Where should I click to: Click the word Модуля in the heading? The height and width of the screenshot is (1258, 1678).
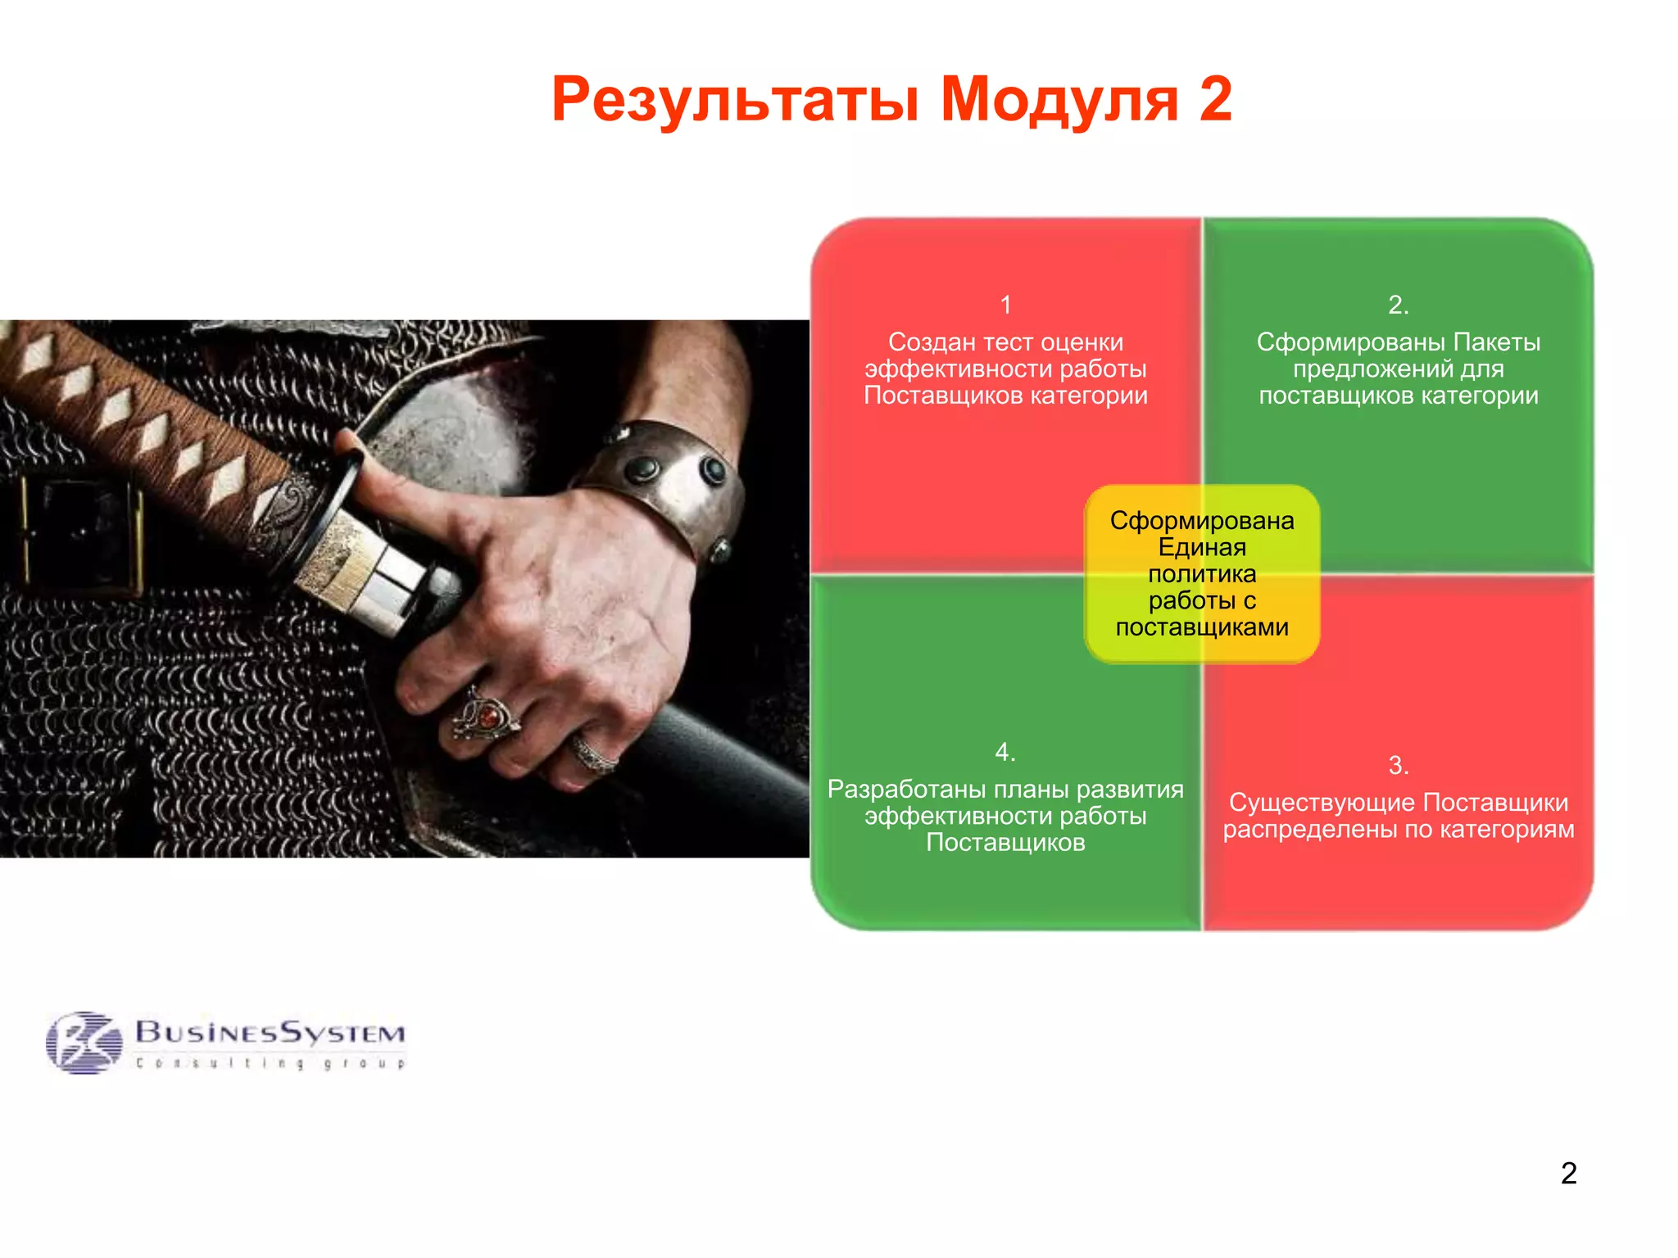(x=1059, y=100)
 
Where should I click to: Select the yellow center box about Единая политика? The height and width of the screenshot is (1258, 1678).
(x=1201, y=573)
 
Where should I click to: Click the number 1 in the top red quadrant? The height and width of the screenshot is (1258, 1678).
(x=1005, y=305)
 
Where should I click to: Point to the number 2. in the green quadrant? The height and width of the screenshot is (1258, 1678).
(x=1398, y=305)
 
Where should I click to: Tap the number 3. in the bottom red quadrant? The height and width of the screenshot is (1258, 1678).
(x=1398, y=766)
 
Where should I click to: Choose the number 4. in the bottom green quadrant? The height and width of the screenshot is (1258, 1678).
(x=1005, y=752)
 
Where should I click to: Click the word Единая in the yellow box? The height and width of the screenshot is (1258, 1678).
(x=1201, y=547)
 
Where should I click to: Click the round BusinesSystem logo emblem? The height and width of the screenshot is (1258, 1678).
(x=84, y=1042)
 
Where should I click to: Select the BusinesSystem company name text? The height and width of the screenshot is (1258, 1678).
(x=270, y=1032)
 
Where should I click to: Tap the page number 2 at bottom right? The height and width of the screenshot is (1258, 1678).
(x=1568, y=1173)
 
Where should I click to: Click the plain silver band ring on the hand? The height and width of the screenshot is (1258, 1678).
(x=594, y=754)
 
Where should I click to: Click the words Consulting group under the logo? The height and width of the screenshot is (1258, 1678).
(x=270, y=1063)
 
